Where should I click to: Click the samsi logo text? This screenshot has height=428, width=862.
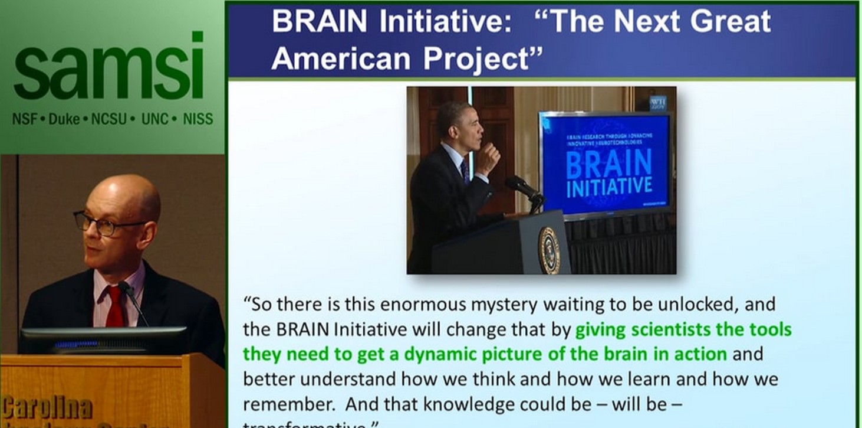(x=108, y=66)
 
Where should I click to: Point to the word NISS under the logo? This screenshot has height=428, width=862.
(x=198, y=119)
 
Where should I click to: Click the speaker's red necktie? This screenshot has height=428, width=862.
(x=114, y=304)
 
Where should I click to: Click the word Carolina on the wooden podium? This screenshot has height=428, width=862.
(x=47, y=408)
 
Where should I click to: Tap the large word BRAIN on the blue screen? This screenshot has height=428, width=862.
(x=608, y=163)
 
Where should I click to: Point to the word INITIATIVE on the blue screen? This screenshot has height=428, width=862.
(x=609, y=187)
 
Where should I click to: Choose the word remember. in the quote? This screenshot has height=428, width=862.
(x=289, y=404)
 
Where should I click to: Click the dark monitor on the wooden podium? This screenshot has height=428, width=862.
(x=103, y=340)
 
